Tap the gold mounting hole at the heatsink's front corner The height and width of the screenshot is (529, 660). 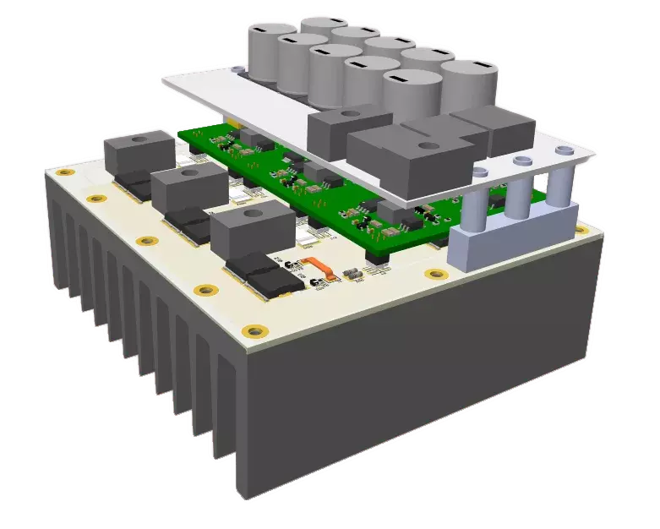coord(254,330)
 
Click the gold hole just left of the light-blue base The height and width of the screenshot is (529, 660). coord(434,275)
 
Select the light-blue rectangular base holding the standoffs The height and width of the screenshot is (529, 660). coord(507,241)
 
